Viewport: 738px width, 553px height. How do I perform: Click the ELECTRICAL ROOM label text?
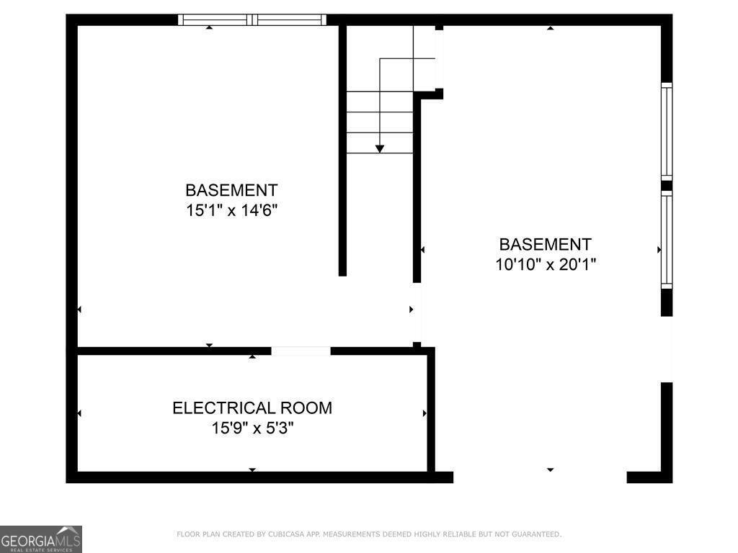[252, 408]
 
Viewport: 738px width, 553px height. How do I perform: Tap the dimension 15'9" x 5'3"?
[252, 428]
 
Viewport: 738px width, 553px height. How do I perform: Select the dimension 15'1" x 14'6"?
[231, 210]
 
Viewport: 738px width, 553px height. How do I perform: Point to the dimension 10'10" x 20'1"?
[546, 264]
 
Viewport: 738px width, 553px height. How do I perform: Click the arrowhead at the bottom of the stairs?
[380, 148]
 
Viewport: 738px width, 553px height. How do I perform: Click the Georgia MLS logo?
[41, 539]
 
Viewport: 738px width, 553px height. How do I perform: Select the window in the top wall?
[252, 19]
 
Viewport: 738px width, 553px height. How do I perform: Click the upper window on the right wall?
[667, 131]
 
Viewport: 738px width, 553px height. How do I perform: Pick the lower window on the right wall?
[667, 240]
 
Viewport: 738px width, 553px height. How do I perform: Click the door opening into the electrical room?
[301, 351]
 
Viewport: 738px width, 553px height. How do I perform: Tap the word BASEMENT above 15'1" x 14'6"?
[231, 191]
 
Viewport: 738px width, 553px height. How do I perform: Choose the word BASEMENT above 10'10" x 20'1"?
[546, 244]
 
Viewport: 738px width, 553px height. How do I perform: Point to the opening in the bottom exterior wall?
[540, 477]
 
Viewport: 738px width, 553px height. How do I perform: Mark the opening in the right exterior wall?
[667, 349]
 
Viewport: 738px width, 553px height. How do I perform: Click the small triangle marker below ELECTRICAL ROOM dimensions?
[252, 470]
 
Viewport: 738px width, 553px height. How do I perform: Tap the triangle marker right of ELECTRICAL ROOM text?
[424, 413]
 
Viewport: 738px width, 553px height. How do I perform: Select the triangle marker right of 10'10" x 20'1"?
[659, 250]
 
